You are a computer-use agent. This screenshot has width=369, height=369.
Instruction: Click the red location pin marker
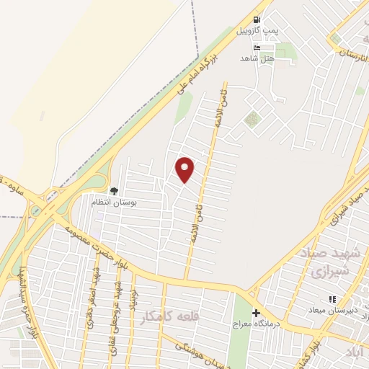coord(185,169)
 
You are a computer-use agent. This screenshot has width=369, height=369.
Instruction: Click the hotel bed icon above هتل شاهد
coord(258,48)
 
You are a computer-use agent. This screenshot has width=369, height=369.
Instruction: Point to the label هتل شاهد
coord(258,59)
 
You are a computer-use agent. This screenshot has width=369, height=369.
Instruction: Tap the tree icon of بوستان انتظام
coord(114,190)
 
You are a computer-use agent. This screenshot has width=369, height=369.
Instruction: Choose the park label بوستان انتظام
coord(109,203)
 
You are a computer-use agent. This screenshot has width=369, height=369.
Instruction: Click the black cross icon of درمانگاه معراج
coord(256,313)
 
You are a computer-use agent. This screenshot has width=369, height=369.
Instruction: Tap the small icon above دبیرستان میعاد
coord(332,299)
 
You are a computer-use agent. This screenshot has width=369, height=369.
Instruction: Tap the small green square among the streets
coord(251,120)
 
